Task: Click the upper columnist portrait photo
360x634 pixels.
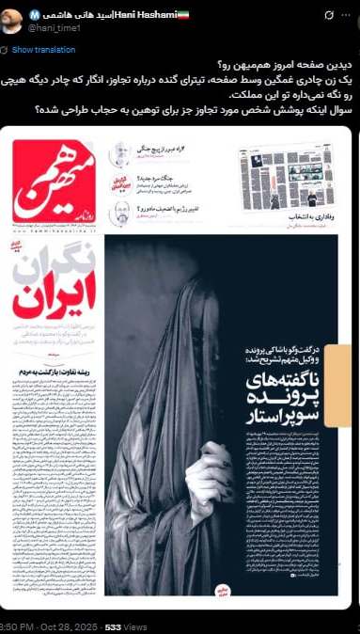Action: tap(122, 154)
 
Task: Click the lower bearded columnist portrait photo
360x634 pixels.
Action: tap(122, 214)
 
